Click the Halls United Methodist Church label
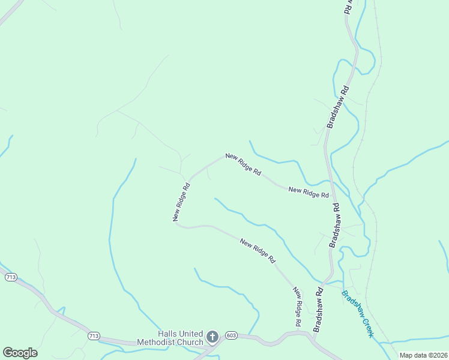click(x=172, y=338)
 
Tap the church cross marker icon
click(x=212, y=337)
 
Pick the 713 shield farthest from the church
click(x=10, y=277)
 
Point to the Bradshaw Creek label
click(x=357, y=314)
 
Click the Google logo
click(x=20, y=353)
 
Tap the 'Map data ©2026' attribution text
click(x=423, y=355)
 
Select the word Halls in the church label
click(x=168, y=334)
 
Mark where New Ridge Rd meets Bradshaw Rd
click(x=334, y=197)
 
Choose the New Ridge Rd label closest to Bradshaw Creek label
click(x=297, y=307)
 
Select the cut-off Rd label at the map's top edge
click(x=348, y=7)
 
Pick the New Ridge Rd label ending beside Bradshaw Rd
click(x=309, y=192)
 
